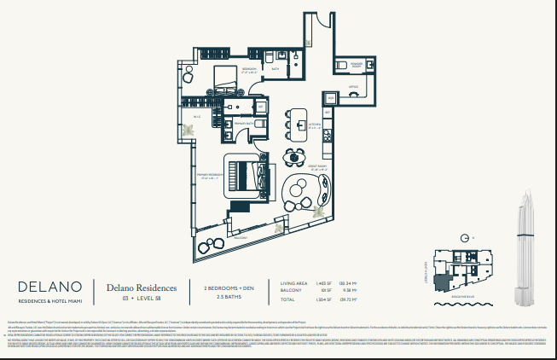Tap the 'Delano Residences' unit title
(142, 288)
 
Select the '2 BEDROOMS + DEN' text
(224, 287)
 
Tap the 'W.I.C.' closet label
(195, 117)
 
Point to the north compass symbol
(465, 238)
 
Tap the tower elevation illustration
(525, 247)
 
